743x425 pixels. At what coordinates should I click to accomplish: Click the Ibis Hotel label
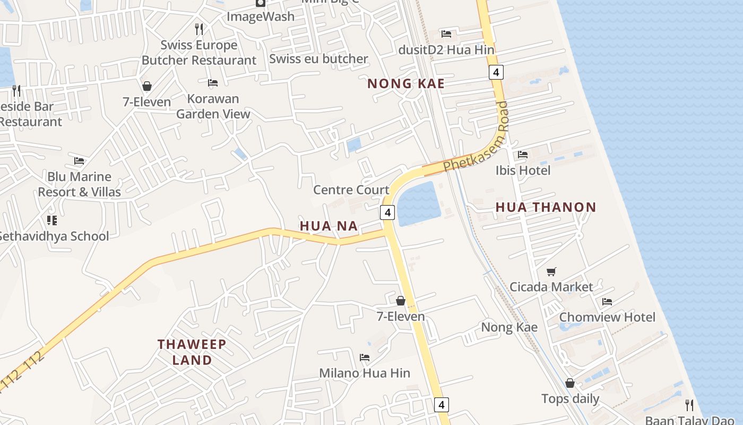coord(523,171)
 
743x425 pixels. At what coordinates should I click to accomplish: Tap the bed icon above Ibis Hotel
coord(523,155)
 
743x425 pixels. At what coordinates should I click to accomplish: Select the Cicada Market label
coord(551,287)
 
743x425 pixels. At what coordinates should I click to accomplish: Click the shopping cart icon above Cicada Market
coord(551,271)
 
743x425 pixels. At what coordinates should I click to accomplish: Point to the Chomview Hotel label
coord(607,317)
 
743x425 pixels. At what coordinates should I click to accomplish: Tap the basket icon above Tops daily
coord(570,383)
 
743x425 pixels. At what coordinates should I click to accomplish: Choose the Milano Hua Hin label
coord(364,373)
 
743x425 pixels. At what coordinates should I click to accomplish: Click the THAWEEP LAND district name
coord(192,352)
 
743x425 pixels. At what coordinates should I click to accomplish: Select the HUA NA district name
coord(329,226)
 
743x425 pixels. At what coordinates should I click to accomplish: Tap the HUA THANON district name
coord(546,207)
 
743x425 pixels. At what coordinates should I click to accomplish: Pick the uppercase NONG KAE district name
coord(406,83)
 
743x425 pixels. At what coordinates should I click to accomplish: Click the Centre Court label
coord(351,190)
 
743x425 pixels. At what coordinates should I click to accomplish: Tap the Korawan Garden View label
coord(213,106)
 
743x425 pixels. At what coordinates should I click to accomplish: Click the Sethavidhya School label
coord(53,236)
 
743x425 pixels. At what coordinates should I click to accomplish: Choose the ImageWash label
coord(260,16)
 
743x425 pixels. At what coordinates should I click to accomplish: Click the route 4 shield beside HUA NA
coord(388,212)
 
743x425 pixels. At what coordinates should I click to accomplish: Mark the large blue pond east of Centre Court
coord(419,203)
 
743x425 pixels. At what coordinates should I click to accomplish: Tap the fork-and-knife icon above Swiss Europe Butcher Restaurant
coord(199,29)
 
